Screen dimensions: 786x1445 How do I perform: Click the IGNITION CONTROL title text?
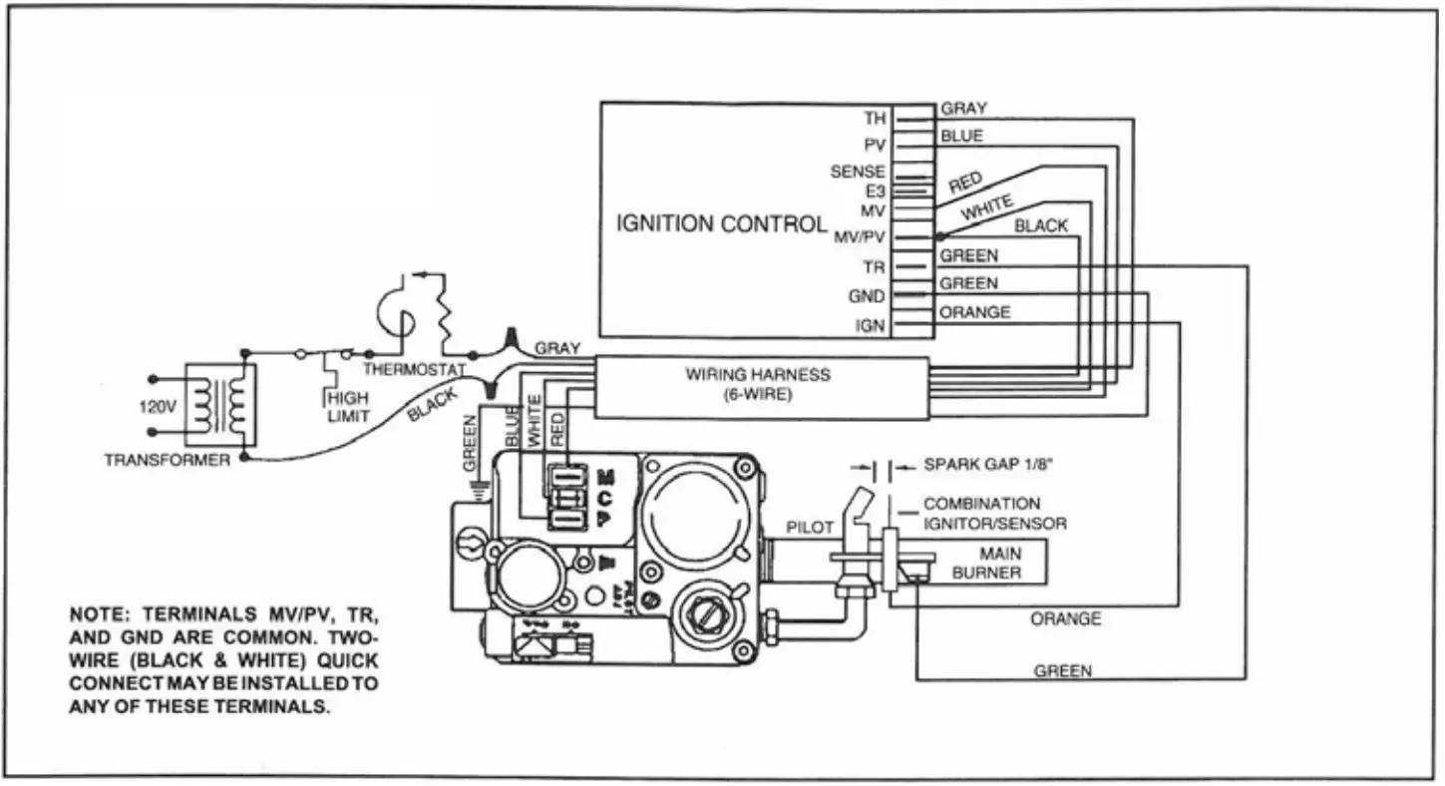click(x=720, y=223)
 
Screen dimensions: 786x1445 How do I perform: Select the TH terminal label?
click(x=874, y=119)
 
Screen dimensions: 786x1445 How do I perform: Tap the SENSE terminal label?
click(x=857, y=172)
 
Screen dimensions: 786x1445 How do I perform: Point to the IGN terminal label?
click(x=870, y=325)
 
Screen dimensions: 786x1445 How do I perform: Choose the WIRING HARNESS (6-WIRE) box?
click(x=761, y=385)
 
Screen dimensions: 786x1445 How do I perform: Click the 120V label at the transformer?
click(x=157, y=408)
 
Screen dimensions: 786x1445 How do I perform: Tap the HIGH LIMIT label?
click(x=348, y=406)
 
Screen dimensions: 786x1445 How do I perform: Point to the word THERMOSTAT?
click(x=414, y=369)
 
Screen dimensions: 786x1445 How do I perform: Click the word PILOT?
click(x=809, y=528)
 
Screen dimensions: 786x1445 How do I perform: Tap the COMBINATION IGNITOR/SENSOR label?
click(x=994, y=514)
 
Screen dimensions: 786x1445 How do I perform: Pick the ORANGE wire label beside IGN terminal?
click(x=974, y=312)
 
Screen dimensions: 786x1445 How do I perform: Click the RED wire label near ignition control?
click(x=965, y=183)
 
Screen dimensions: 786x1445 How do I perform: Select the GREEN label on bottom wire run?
click(x=1062, y=671)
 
